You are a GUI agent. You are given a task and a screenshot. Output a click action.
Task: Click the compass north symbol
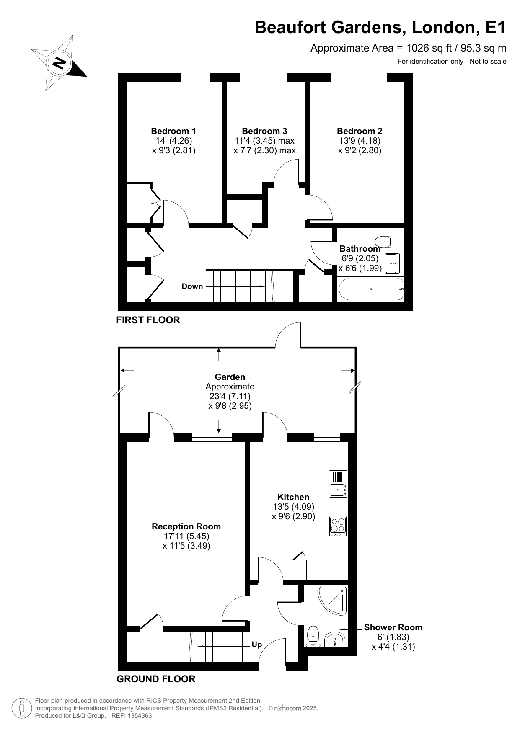[59, 63]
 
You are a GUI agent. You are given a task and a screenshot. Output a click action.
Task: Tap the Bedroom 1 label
[173, 131]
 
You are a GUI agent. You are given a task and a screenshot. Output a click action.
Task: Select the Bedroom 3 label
[264, 131]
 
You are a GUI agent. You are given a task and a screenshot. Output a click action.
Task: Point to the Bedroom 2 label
[360, 131]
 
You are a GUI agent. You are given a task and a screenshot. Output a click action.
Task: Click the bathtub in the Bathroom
[371, 289]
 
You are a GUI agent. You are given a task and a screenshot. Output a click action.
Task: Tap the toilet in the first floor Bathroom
[383, 242]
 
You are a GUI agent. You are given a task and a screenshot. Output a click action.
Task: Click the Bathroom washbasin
[393, 263]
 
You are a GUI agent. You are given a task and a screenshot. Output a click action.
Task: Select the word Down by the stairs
[192, 286]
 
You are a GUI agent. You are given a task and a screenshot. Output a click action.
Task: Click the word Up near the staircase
[257, 645]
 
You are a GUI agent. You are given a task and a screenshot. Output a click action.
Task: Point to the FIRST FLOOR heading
[148, 320]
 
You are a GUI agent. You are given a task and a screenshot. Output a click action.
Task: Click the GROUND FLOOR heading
[156, 679]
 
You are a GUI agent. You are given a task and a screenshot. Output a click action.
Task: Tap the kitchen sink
[338, 484]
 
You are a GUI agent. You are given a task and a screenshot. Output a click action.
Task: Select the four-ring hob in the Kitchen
[338, 526]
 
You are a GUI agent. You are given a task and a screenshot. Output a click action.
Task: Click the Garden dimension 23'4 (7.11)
[230, 396]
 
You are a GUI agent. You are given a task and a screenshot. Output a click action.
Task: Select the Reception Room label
[186, 526]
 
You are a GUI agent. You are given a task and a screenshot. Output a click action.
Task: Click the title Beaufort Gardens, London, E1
[380, 28]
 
